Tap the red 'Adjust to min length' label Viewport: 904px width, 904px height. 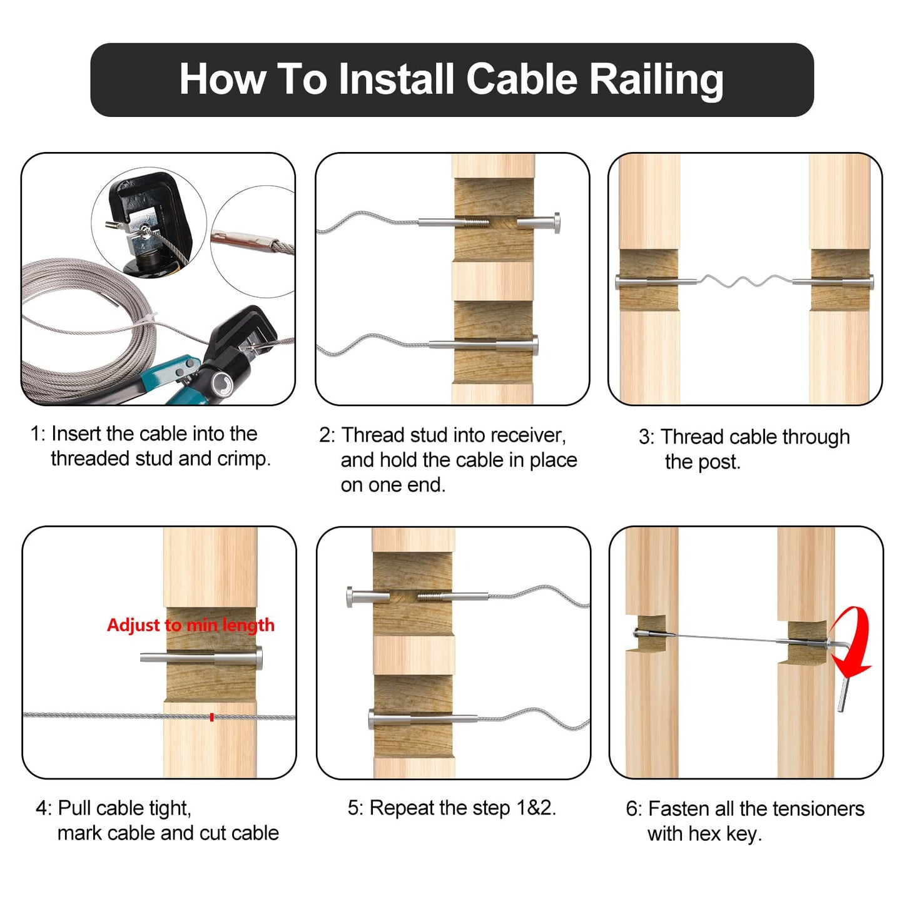[190, 625]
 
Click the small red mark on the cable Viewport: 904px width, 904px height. [212, 717]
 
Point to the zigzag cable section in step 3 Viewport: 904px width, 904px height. [744, 282]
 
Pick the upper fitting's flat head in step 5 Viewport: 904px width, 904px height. [351, 597]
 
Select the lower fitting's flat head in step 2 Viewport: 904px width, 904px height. [534, 345]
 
